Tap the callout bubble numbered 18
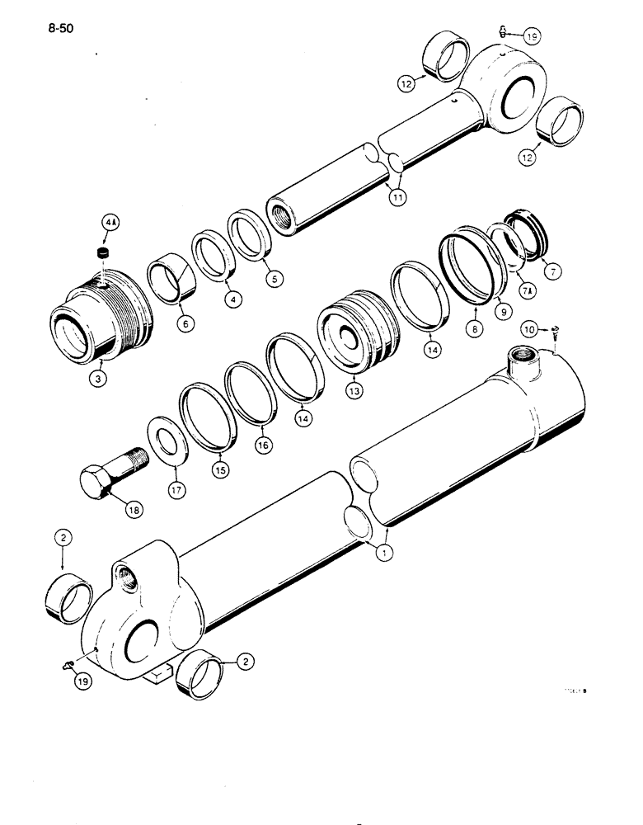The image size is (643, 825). (134, 510)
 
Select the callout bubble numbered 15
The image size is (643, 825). (223, 471)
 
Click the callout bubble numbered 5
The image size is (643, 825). (275, 279)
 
